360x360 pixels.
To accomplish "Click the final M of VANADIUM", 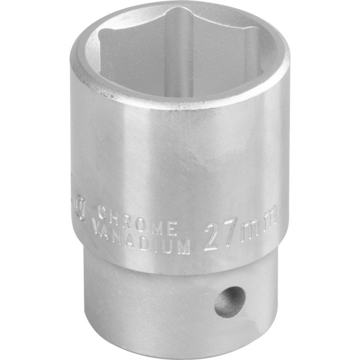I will point(185,247).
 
